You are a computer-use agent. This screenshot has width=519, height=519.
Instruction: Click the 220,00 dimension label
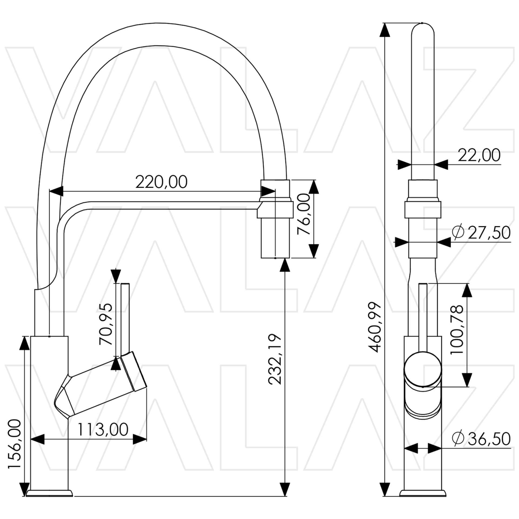point(161,182)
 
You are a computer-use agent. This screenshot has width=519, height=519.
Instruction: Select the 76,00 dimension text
point(304,214)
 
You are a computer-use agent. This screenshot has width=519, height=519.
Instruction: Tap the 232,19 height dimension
point(275,359)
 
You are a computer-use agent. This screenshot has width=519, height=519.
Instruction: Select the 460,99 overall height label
point(375,327)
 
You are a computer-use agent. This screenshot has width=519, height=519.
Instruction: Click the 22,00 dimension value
point(479,155)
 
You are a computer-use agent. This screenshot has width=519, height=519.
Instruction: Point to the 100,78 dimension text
point(457,330)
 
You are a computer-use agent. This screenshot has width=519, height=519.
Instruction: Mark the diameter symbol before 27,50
point(458,232)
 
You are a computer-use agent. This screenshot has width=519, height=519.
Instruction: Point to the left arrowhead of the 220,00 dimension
point(56,191)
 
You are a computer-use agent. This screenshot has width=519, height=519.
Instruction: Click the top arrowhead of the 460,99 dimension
point(385,30)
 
